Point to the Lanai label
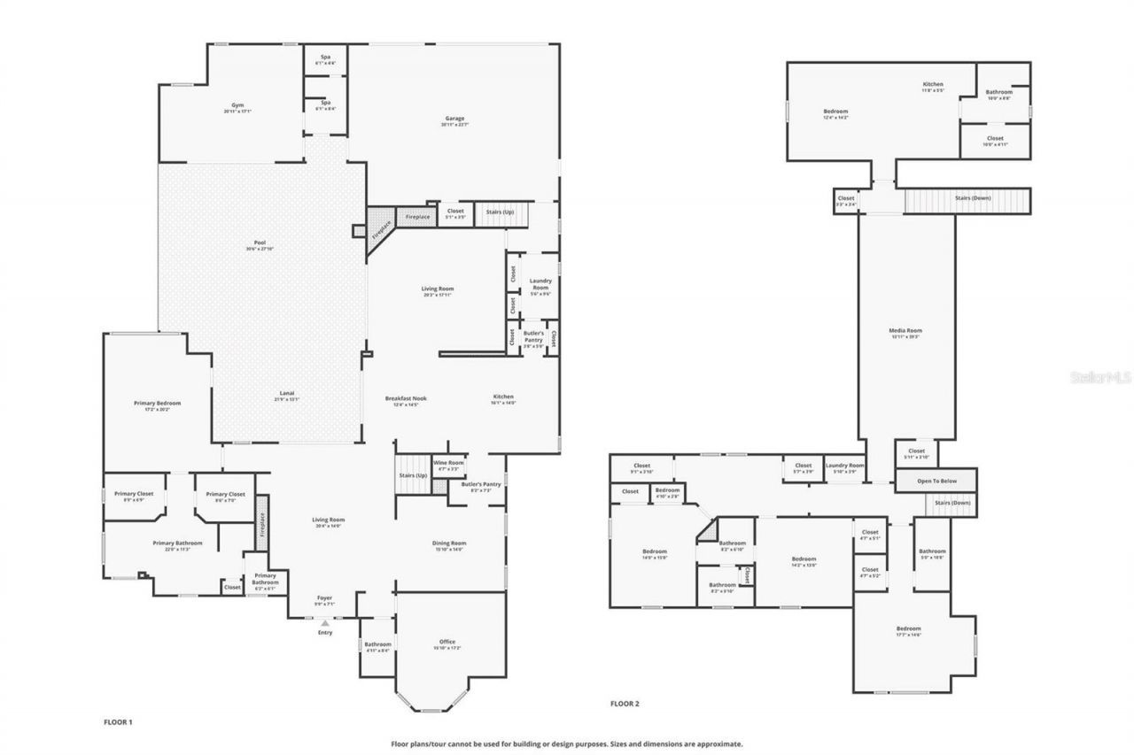[287, 396]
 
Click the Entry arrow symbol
[324, 623]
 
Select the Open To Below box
[936, 481]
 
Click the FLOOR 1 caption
[118, 722]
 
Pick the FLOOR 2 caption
[625, 704]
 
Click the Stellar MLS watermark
[1100, 377]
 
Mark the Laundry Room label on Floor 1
[540, 285]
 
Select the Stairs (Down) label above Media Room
[973, 197]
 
